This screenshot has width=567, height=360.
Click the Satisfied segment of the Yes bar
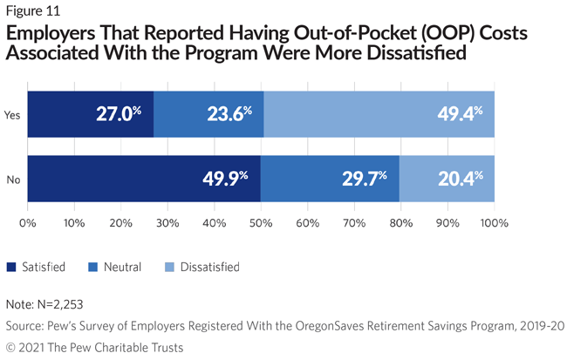[x=91, y=112]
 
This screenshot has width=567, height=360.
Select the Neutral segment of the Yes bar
[x=208, y=112]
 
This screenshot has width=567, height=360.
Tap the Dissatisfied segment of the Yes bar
[x=379, y=112]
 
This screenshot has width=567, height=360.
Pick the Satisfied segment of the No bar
[x=144, y=179]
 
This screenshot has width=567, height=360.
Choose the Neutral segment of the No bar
[x=331, y=179]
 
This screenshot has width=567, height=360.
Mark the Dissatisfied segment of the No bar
[x=447, y=179]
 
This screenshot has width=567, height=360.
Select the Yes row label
[x=13, y=113]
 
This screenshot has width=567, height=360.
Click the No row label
[x=13, y=180]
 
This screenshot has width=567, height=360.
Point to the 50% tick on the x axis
[x=261, y=224]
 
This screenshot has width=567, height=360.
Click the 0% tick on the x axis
[x=28, y=224]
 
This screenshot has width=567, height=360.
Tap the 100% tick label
[x=494, y=224]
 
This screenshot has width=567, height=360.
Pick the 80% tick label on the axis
[x=400, y=224]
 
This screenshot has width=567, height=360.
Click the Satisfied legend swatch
[x=12, y=267]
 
